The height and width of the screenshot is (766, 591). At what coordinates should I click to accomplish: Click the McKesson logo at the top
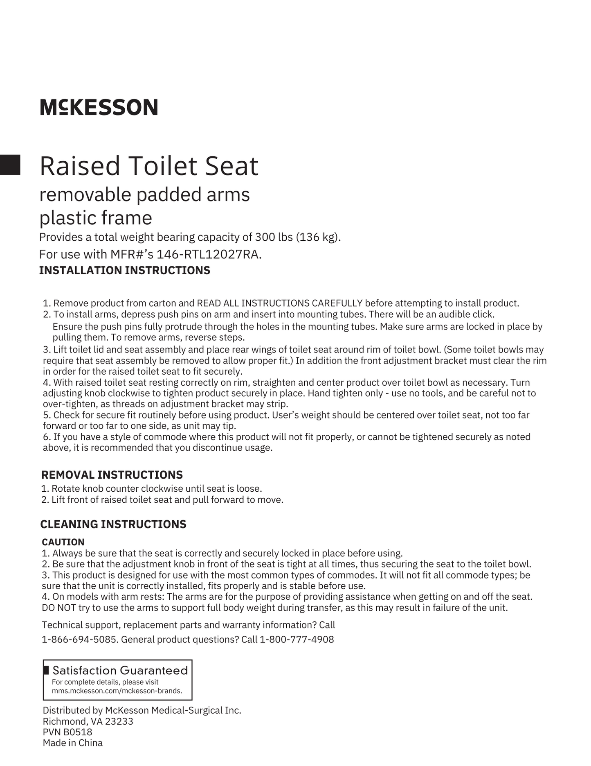pyautogui.click(x=99, y=107)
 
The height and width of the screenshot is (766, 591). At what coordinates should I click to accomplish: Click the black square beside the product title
pyautogui.click(x=10, y=165)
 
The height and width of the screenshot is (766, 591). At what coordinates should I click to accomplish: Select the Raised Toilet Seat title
pyautogui.click(x=149, y=166)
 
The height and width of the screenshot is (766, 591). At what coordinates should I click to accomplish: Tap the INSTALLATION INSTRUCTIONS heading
pyautogui.click(x=125, y=271)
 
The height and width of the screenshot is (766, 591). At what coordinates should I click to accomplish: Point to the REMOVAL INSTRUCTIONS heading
pyautogui.click(x=112, y=475)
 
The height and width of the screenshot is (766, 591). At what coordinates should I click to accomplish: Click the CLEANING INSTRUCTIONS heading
pyautogui.click(x=113, y=524)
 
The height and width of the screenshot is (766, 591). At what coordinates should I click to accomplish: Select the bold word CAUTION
pyautogui.click(x=63, y=542)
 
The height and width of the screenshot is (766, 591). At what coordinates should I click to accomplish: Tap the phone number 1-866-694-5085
pyautogui.click(x=79, y=639)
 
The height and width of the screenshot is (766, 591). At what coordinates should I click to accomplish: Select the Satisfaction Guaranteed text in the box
pyautogui.click(x=120, y=671)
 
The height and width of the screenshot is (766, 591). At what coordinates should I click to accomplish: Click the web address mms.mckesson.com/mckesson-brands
pyautogui.click(x=117, y=691)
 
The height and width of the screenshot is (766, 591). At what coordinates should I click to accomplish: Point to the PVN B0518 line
pyautogui.click(x=67, y=732)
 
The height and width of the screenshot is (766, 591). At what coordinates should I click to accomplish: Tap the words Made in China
pyautogui.click(x=73, y=743)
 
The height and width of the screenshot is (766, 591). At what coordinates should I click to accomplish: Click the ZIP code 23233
pyautogui.click(x=119, y=721)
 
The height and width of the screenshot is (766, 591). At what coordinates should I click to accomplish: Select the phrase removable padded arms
pyautogui.click(x=144, y=194)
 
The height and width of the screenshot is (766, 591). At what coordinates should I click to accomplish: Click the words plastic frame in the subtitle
pyautogui.click(x=96, y=218)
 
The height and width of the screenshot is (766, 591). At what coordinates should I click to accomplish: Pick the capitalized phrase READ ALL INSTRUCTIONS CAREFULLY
pyautogui.click(x=280, y=303)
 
